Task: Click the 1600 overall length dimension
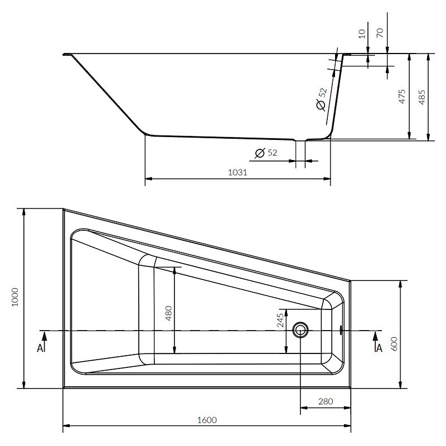[x=207, y=420]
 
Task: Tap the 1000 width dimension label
[x=14, y=297]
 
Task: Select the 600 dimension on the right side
[x=394, y=343]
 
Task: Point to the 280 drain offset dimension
[x=326, y=401]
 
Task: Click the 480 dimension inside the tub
[x=169, y=313]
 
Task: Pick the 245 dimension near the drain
[x=280, y=320]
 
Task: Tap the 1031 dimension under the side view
[x=237, y=172]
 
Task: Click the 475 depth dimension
[x=401, y=96]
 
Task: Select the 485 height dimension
[x=422, y=97]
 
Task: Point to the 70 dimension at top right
[x=380, y=33]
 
